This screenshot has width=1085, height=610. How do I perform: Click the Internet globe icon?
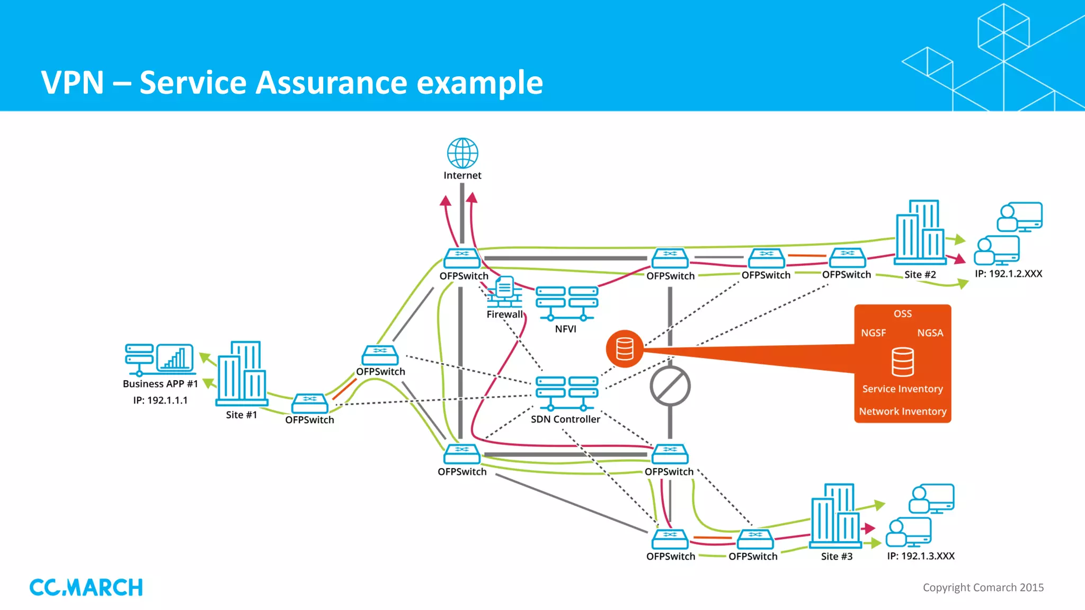pyautogui.click(x=463, y=153)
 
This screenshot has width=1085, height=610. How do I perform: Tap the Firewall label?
pyautogui.click(x=504, y=314)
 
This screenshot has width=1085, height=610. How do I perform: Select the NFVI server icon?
pyautogui.click(x=566, y=303)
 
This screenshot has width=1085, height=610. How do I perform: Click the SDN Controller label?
pyautogui.click(x=565, y=419)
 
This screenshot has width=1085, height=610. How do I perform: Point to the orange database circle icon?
pyautogui.click(x=625, y=349)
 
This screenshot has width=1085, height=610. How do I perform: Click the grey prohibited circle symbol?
pyautogui.click(x=670, y=387)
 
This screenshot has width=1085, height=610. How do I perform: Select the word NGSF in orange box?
pyautogui.click(x=873, y=333)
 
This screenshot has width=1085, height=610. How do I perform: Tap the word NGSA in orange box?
pyautogui.click(x=930, y=333)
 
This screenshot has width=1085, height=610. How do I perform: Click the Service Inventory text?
pyautogui.click(x=902, y=389)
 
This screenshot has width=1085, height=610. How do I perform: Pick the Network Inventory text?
pyautogui.click(x=902, y=411)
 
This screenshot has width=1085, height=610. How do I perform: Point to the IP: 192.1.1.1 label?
pyautogui.click(x=160, y=400)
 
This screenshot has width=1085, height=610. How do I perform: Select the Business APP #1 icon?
pyautogui.click(x=159, y=359)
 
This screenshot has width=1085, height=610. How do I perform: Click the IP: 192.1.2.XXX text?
pyautogui.click(x=1008, y=274)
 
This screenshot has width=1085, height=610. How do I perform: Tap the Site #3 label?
pyautogui.click(x=837, y=557)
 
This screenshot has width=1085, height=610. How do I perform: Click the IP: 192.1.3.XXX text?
pyautogui.click(x=921, y=556)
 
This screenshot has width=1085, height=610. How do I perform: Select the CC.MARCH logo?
pyautogui.click(x=86, y=587)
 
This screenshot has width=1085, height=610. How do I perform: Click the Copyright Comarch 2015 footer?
pyautogui.click(x=983, y=587)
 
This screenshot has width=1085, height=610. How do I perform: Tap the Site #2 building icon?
pyautogui.click(x=920, y=232)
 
